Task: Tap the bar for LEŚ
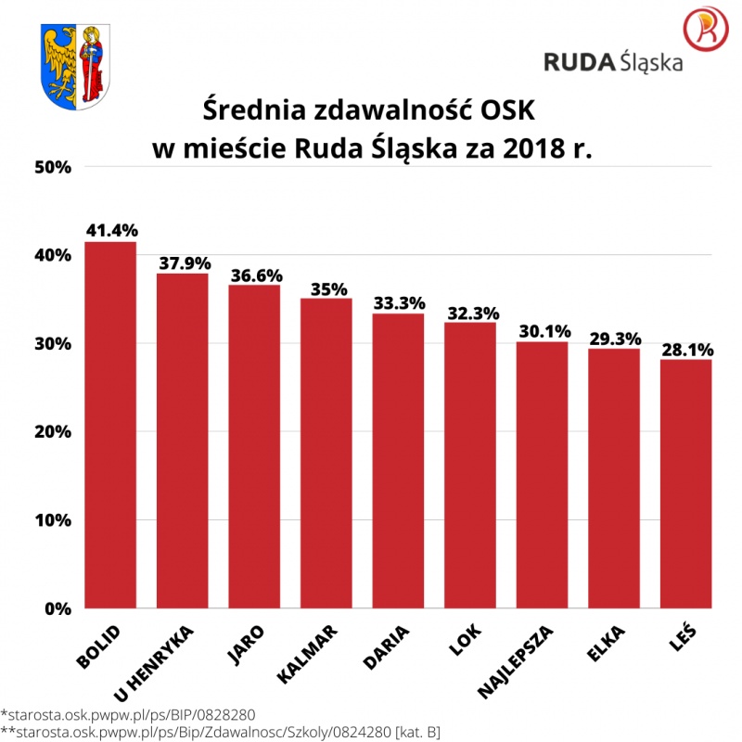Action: pos(686,483)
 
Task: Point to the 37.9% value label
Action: pos(184,262)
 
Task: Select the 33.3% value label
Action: pos(399,302)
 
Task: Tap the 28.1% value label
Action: pos(686,349)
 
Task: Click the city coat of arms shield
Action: pos(77,66)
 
